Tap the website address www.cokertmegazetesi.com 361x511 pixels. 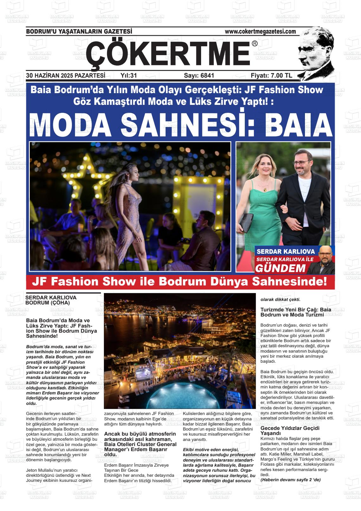pyautogui.click(x=260, y=31)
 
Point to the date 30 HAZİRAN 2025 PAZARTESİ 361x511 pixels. pyautogui.click(x=66, y=75)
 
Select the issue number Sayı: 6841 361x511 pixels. pyautogui.click(x=199, y=75)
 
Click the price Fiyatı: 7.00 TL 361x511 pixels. pyautogui.click(x=271, y=75)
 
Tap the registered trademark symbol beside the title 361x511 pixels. pyautogui.click(x=255, y=44)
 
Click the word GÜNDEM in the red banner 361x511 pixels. pyautogui.click(x=280, y=268)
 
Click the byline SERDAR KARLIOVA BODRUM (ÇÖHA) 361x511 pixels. pyautogui.click(x=51, y=300)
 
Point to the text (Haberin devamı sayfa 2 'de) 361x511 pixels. pyautogui.click(x=290, y=480)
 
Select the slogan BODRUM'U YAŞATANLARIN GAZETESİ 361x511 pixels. pyautogui.click(x=79, y=31)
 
